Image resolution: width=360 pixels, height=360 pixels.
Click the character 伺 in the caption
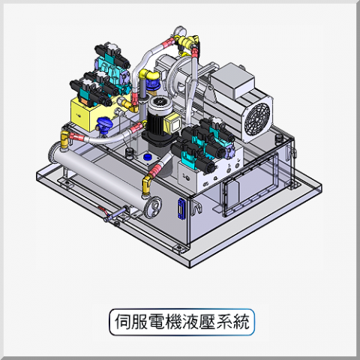(x=123, y=322)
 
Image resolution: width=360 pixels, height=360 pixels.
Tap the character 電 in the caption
(x=157, y=322)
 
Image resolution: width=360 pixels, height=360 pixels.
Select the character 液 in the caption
(x=190, y=322)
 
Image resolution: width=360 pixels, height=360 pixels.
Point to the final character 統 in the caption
(x=241, y=322)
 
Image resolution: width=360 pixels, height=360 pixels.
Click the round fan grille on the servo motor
(x=257, y=118)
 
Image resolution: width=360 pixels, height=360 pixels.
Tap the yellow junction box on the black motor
(x=172, y=123)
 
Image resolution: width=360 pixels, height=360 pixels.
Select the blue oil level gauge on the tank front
(x=181, y=208)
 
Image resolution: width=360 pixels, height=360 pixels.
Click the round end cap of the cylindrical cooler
(x=153, y=206)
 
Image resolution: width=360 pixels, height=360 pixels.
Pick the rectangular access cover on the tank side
(x=250, y=184)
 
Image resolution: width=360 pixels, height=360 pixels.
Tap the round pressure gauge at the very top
(x=179, y=31)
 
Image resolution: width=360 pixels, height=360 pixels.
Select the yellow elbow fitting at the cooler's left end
(x=64, y=139)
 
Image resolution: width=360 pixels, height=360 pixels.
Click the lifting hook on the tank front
(x=196, y=206)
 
